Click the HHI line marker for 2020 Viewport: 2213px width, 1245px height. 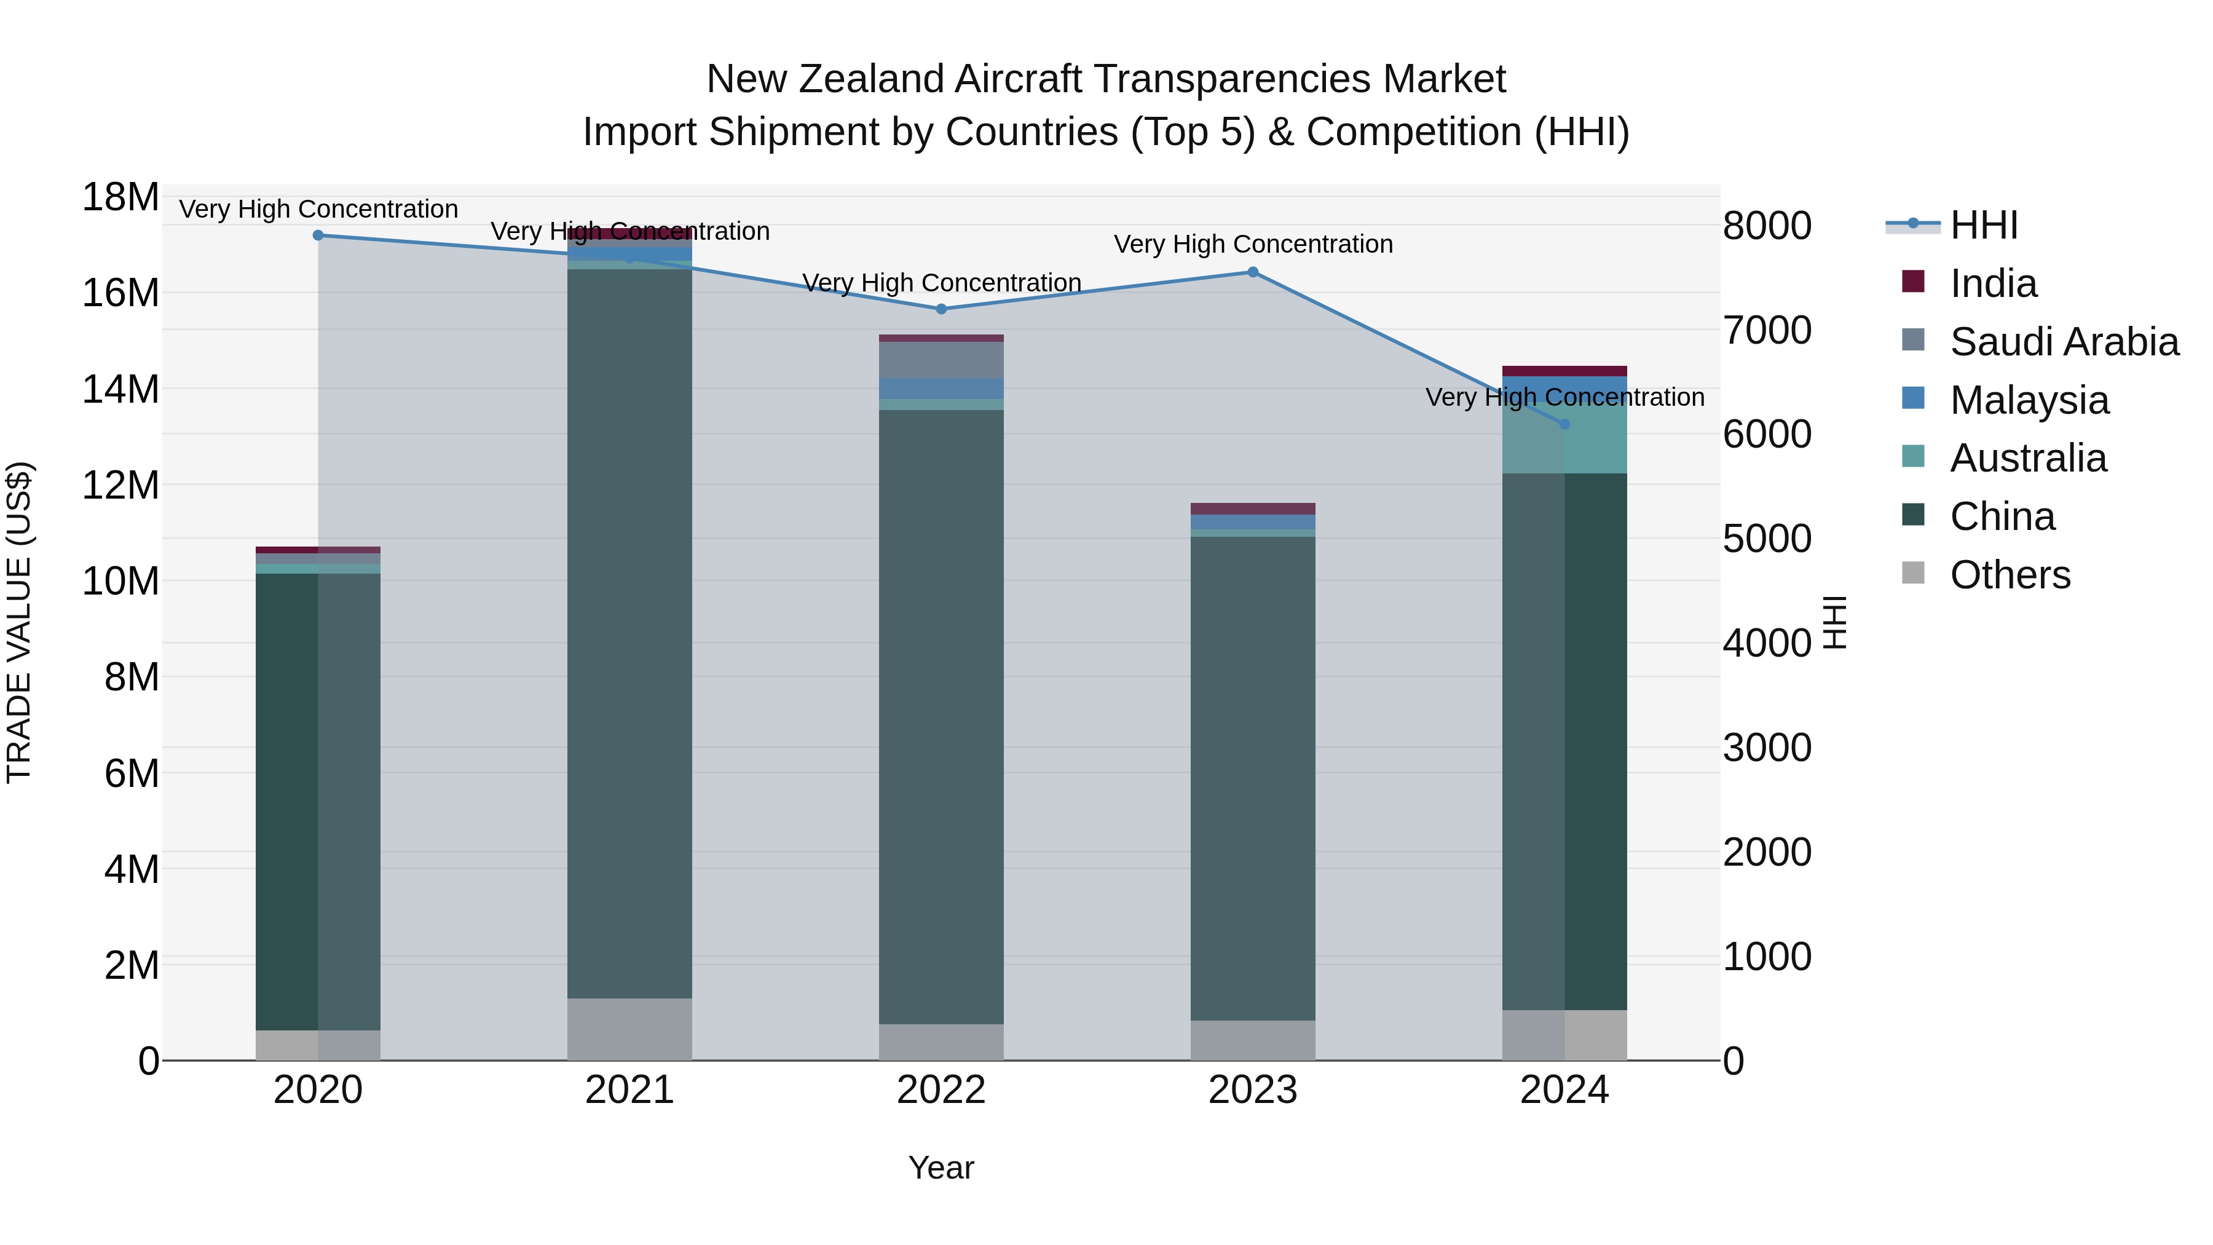point(318,235)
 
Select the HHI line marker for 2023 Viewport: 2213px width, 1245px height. point(1253,272)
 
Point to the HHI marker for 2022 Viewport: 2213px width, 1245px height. point(941,309)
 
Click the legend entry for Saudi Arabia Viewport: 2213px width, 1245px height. point(2064,342)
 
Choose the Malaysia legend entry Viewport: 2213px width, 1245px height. point(2029,400)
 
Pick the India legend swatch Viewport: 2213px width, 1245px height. point(1913,282)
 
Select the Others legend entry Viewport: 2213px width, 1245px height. point(2010,575)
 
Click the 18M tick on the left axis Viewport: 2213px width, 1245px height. point(120,197)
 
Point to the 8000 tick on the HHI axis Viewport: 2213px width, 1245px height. point(1767,226)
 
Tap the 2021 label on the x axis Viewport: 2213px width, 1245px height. point(629,1090)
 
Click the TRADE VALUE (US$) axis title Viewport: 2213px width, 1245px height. point(19,622)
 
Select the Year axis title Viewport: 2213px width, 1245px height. point(941,1168)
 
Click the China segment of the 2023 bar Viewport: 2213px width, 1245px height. point(1253,773)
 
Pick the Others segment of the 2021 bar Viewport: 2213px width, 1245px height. point(629,1029)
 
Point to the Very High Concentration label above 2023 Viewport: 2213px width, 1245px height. point(1253,244)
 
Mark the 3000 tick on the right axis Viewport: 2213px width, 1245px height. point(1767,748)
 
